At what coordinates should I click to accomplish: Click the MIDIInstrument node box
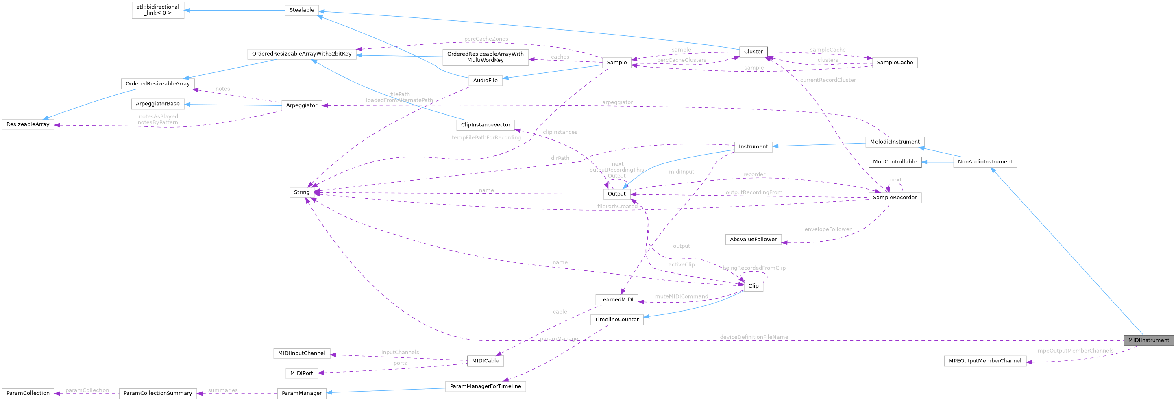point(1148,340)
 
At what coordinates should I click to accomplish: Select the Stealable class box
point(301,10)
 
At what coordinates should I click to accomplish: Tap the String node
point(301,192)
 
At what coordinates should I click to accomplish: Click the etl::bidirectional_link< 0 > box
point(157,10)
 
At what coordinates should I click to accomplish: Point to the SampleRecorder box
point(894,197)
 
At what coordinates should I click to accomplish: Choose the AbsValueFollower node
point(753,239)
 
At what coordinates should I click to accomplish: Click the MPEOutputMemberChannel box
point(985,360)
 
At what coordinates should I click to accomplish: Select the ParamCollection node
point(28,393)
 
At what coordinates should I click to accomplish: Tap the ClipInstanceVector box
point(485,125)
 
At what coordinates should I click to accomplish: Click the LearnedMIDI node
point(616,300)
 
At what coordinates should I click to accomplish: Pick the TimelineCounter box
point(616,319)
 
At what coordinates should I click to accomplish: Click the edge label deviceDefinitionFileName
point(754,337)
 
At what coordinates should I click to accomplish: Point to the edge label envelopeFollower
point(827,229)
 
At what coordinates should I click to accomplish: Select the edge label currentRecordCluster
point(828,80)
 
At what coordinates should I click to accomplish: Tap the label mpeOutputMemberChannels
point(1075,351)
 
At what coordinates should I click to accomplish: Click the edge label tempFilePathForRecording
point(486,137)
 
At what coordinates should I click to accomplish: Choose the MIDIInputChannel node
point(301,353)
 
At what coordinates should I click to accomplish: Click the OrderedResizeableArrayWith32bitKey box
point(301,54)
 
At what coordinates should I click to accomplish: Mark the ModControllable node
point(894,162)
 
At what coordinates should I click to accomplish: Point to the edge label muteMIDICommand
point(681,296)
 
